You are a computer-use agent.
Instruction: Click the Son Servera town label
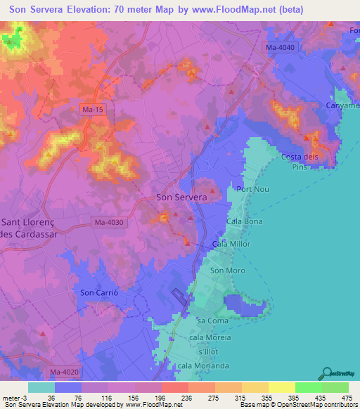tap(181, 197)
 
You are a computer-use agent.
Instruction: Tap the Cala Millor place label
tap(231, 244)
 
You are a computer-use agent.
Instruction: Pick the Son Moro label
tap(227, 270)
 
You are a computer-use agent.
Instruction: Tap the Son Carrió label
tap(98, 292)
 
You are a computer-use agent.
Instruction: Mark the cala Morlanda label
tap(204, 365)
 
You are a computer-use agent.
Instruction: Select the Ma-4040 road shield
tap(281, 47)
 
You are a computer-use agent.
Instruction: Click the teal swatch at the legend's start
tap(41, 387)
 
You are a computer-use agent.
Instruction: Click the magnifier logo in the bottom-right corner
tap(328, 373)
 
